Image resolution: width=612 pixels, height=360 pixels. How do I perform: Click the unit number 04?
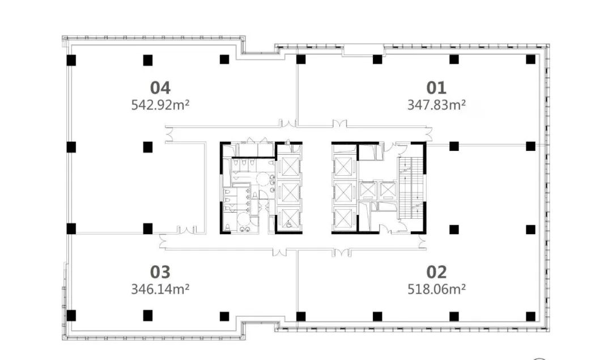160,88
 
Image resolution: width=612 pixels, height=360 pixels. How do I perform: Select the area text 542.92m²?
160,105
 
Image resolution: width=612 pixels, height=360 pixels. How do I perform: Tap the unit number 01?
436,88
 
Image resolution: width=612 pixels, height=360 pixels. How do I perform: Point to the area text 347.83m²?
436,105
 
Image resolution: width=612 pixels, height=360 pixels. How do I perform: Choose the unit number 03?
160,272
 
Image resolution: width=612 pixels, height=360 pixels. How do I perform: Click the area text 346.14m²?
160,289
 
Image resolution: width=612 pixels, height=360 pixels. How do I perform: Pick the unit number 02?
436,272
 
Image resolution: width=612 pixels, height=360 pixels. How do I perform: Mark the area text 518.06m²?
436,289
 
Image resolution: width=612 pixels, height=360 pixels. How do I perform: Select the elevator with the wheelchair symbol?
289,219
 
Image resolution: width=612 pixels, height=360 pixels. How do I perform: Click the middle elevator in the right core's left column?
344,193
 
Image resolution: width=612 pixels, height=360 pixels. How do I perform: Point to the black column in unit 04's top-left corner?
71,60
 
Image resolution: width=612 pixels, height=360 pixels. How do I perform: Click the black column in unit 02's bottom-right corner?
530,316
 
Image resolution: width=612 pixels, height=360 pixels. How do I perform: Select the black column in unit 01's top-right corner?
530,60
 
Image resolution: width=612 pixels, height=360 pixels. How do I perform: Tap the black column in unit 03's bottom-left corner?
71,315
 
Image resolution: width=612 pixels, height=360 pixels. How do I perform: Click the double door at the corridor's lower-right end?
422,242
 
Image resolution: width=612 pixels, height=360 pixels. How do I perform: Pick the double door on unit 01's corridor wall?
339,124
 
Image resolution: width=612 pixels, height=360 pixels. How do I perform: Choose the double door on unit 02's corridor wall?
341,252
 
